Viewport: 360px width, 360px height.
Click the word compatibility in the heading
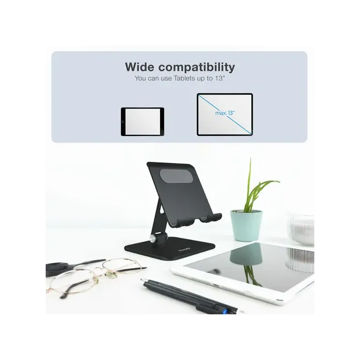[x=197, y=68]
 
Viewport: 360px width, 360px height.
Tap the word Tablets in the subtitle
[x=185, y=78]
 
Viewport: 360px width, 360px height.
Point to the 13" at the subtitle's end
[x=219, y=78]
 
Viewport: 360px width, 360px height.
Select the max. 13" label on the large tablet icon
[x=225, y=113]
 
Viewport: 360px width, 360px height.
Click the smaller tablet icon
[x=142, y=121]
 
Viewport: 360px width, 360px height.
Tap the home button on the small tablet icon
[x=123, y=121]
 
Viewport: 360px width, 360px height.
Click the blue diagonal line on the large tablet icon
[x=225, y=114]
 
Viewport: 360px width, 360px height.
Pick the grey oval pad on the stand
[x=176, y=176]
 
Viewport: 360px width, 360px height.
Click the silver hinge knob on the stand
[x=152, y=239]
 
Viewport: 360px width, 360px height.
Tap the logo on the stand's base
[x=185, y=249]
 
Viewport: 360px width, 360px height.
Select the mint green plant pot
[x=246, y=226]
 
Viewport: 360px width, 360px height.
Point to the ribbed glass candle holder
[x=301, y=229]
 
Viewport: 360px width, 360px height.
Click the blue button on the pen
[x=225, y=311]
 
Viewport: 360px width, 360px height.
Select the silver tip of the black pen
[x=142, y=281]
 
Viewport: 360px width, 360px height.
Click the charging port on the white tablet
[x=217, y=285]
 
